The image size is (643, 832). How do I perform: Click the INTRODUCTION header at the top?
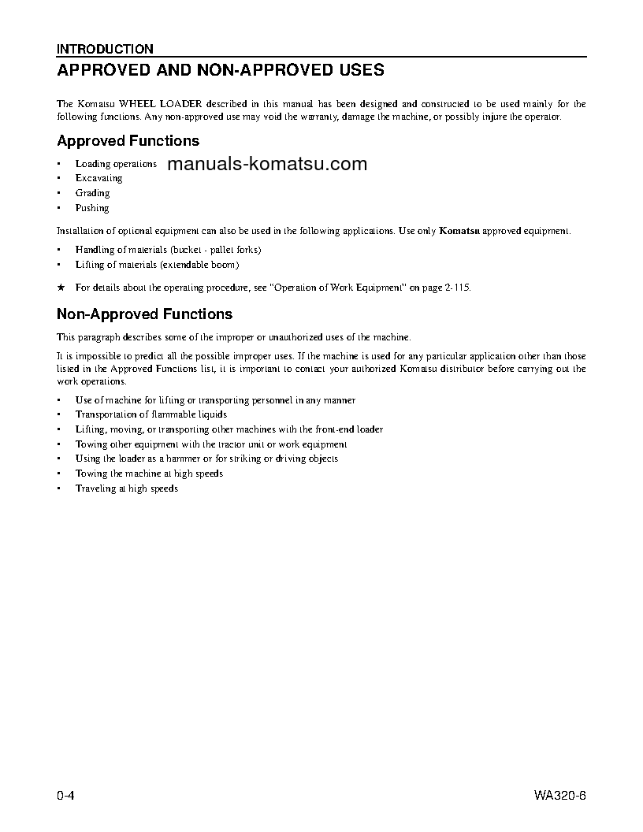click(105, 49)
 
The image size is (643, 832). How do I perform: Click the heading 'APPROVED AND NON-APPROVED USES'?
click(221, 70)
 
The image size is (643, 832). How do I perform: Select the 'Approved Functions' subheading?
click(128, 141)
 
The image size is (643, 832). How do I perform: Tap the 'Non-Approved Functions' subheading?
click(144, 314)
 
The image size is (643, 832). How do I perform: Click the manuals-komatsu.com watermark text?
click(267, 164)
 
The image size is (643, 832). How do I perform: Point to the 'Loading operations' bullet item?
click(116, 164)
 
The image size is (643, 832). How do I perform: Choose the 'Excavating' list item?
click(98, 178)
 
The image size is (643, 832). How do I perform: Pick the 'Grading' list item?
click(92, 193)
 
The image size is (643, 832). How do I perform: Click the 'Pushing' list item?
click(92, 208)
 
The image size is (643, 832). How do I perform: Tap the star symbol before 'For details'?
click(61, 288)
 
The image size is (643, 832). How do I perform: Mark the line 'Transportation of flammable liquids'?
click(151, 414)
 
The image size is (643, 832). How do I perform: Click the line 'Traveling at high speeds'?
click(126, 488)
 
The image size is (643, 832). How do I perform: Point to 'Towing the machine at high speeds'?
click(149, 474)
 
